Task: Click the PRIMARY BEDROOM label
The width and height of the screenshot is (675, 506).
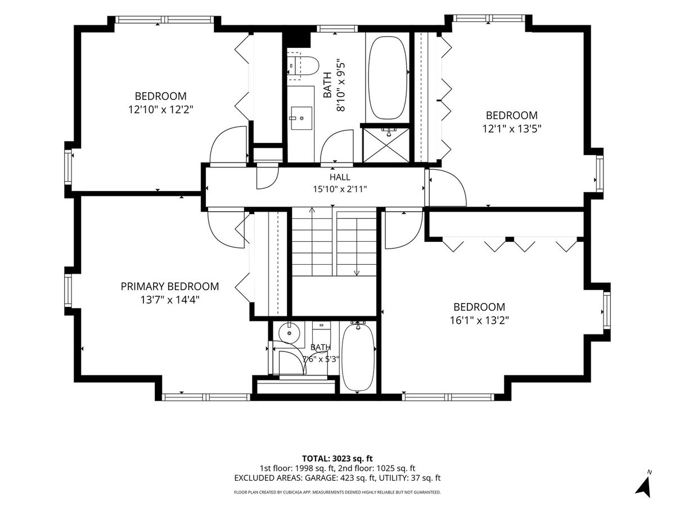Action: (169, 286)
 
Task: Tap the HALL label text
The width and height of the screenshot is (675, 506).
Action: (340, 177)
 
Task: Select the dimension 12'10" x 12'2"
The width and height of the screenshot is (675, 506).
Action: (160, 110)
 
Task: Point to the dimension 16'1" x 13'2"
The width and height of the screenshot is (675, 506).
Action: (479, 320)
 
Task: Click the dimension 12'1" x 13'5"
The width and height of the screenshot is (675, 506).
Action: (511, 128)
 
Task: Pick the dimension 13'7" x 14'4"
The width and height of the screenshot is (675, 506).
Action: (170, 300)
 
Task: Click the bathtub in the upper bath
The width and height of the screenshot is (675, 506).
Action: (387, 78)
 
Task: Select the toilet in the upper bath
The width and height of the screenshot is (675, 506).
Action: (303, 65)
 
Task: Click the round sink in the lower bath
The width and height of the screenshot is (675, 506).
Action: (289, 332)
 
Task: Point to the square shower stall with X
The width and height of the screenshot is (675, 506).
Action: (386, 145)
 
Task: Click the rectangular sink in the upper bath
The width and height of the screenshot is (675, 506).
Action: (301, 118)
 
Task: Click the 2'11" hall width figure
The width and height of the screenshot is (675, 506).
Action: (357, 189)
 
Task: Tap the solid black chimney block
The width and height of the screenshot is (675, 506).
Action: (298, 37)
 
